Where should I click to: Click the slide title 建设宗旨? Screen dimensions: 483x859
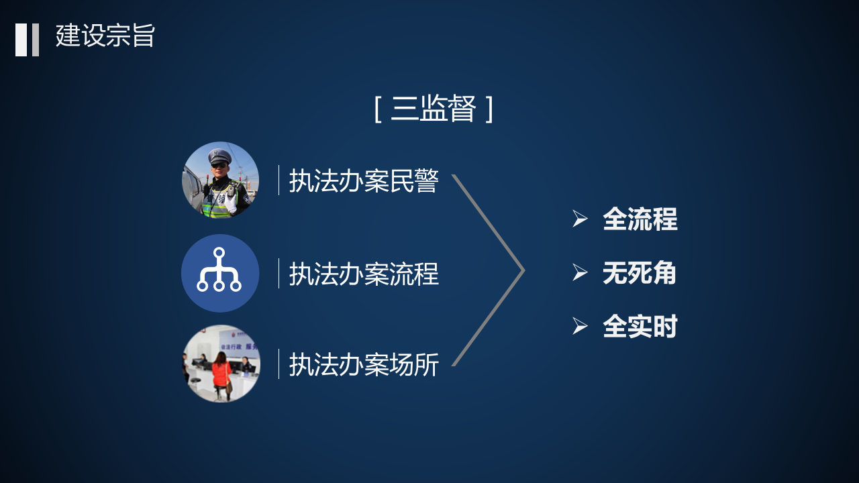click(105, 36)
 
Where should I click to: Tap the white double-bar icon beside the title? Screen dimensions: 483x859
click(28, 40)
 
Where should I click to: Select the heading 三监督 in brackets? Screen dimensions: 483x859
click(434, 109)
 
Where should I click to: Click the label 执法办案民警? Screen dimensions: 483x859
click(364, 181)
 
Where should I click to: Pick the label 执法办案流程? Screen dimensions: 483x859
click(364, 274)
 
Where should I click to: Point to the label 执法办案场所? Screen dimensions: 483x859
click(364, 364)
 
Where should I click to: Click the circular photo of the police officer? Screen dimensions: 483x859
click(220, 180)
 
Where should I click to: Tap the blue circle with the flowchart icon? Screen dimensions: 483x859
click(220, 273)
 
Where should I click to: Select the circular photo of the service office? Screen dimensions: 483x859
click(220, 364)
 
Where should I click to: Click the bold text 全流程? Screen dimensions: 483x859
click(640, 219)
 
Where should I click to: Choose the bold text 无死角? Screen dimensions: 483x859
click(639, 273)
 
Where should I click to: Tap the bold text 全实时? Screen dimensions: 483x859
click(640, 327)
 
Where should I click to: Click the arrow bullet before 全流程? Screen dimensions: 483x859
click(580, 219)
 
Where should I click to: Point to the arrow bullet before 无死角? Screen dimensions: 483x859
click(580, 272)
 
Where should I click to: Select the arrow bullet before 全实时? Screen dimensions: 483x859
click(580, 326)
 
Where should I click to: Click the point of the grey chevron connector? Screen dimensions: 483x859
click(522, 271)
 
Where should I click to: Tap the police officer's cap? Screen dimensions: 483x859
click(219, 156)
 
